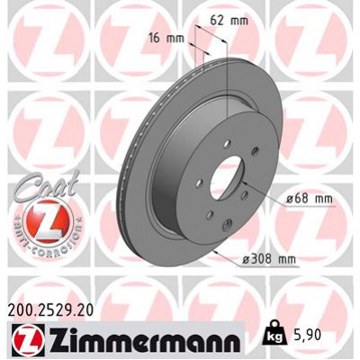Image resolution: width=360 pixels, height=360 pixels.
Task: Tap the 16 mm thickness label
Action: pos(168,39)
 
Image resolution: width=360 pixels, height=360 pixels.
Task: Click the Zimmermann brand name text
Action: pos(139,341)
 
